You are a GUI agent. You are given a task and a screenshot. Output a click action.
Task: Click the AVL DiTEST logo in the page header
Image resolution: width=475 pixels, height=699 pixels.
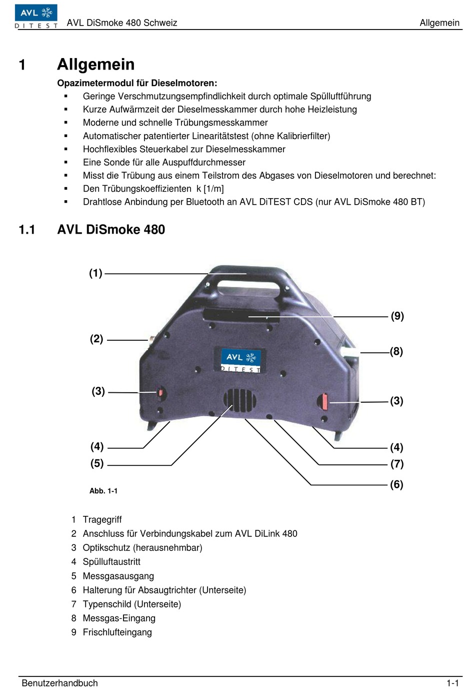click(36, 16)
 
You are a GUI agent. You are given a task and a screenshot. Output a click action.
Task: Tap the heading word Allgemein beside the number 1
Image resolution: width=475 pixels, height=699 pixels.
click(95, 65)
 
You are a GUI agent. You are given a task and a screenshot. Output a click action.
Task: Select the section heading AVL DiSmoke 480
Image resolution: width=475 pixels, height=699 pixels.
click(111, 230)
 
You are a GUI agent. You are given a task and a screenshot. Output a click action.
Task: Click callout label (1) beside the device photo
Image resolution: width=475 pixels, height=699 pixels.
click(95, 273)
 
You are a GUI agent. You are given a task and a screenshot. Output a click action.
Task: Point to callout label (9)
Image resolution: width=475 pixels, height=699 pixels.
click(397, 316)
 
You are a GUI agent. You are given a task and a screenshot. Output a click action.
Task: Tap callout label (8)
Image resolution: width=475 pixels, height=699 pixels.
click(396, 352)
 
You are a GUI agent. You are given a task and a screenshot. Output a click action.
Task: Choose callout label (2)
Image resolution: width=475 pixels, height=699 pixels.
click(96, 339)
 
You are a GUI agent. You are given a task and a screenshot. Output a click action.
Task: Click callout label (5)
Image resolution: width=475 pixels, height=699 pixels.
click(97, 464)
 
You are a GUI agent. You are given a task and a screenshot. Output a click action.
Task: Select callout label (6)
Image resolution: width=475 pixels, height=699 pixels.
click(396, 485)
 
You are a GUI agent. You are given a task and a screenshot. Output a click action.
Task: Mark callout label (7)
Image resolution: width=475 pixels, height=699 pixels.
click(397, 464)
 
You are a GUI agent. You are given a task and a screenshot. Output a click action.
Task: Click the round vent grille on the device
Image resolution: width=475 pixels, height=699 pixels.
click(240, 400)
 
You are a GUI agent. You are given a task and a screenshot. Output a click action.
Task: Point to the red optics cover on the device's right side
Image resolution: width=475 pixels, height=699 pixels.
click(324, 401)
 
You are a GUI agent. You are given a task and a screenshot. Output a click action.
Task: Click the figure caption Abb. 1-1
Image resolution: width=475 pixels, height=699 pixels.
click(103, 491)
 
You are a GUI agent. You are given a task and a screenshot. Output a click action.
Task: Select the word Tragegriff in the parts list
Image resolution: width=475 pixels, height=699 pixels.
click(102, 520)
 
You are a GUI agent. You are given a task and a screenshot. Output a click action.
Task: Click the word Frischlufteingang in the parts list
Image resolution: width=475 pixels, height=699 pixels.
click(117, 632)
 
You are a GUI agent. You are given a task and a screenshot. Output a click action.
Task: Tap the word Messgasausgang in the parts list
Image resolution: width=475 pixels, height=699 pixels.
click(118, 576)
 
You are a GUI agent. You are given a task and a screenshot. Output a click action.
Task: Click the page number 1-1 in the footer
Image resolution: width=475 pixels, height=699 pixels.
click(452, 683)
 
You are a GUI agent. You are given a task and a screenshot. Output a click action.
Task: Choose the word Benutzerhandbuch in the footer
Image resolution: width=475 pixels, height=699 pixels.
click(59, 683)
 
